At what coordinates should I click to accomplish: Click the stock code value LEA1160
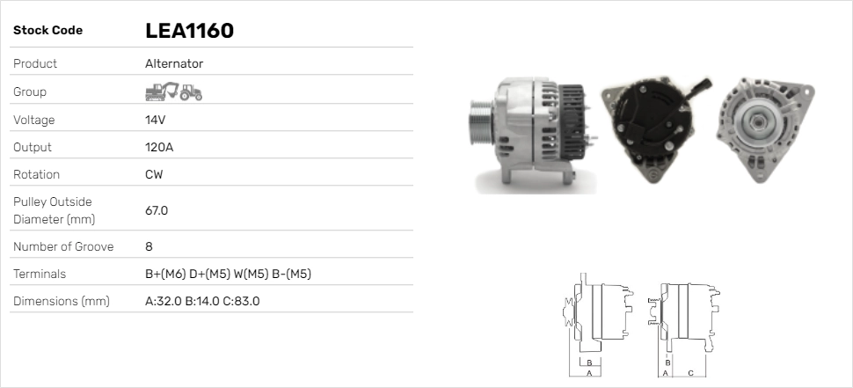(x=189, y=31)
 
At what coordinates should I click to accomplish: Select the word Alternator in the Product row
(x=174, y=63)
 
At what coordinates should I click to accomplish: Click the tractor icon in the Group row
(x=191, y=92)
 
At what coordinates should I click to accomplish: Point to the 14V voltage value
(x=156, y=120)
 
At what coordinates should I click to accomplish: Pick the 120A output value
(x=159, y=147)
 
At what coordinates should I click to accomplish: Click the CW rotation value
(x=154, y=174)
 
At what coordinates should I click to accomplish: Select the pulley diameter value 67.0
(x=157, y=210)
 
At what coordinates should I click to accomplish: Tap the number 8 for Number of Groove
(x=149, y=246)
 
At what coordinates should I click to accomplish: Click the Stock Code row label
(x=47, y=31)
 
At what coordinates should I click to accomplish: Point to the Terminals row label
(x=40, y=274)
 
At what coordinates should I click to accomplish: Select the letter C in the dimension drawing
(x=690, y=373)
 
